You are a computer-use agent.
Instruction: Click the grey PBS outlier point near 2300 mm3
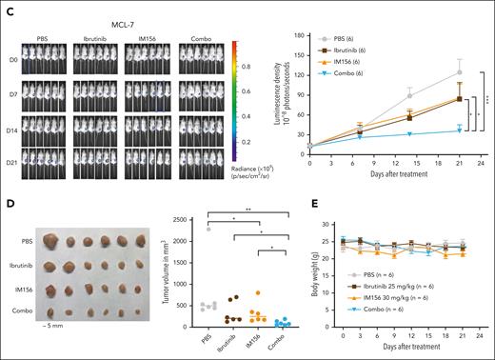click(x=208, y=229)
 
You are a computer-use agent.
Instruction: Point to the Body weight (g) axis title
click(x=314, y=257)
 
